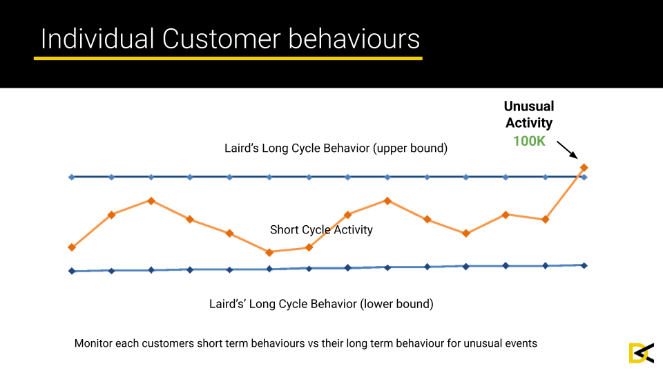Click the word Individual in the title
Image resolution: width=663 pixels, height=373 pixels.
pos(97,39)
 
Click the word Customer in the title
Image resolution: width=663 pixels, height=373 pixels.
pos(221,39)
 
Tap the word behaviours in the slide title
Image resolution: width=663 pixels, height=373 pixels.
pos(354,39)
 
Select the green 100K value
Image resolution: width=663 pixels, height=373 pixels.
pos(529,141)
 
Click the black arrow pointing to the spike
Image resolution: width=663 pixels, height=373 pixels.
pos(567,150)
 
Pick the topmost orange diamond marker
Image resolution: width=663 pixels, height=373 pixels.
pos(584,168)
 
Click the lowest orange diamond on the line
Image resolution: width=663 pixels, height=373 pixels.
pos(269,253)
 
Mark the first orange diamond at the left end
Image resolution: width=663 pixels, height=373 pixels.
pos(72,247)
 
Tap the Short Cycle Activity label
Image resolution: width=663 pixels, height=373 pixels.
pos(321,229)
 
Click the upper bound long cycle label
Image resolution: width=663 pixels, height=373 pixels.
pos(336,149)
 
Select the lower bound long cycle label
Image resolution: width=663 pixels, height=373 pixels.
pos(321,304)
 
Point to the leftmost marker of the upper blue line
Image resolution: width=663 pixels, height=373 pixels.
pos(72,178)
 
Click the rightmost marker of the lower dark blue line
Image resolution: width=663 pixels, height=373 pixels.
pos(584,265)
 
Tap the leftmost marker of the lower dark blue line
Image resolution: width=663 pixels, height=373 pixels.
pos(72,271)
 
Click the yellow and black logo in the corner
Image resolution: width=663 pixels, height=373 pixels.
pos(642,353)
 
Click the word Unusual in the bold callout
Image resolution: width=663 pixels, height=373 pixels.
pos(529,106)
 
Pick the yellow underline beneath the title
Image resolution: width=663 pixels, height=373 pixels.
pos(228,58)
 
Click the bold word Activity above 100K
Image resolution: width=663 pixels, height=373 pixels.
pos(529,123)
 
